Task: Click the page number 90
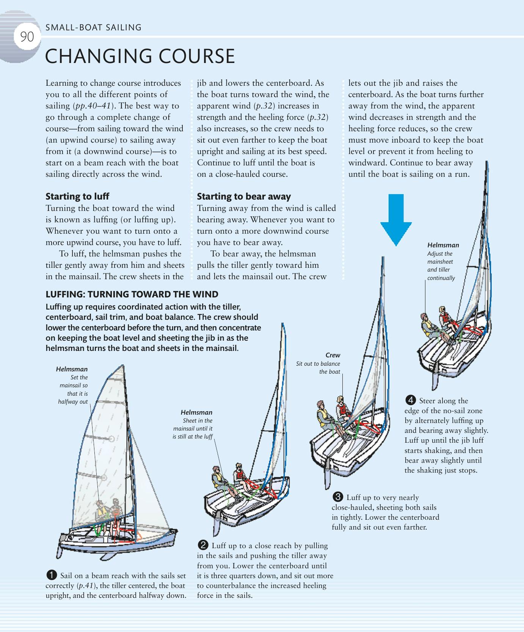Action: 27,37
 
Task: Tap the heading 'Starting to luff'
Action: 77,196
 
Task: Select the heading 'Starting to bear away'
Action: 244,196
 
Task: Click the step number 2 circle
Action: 203,546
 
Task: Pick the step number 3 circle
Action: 337,497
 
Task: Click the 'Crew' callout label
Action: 333,355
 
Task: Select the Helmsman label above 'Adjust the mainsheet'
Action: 443,245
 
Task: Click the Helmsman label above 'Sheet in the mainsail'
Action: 196,412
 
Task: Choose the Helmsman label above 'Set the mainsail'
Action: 72,369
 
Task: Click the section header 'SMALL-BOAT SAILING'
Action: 93,27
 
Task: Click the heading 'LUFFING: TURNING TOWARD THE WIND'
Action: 132,294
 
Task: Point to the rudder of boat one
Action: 62,549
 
